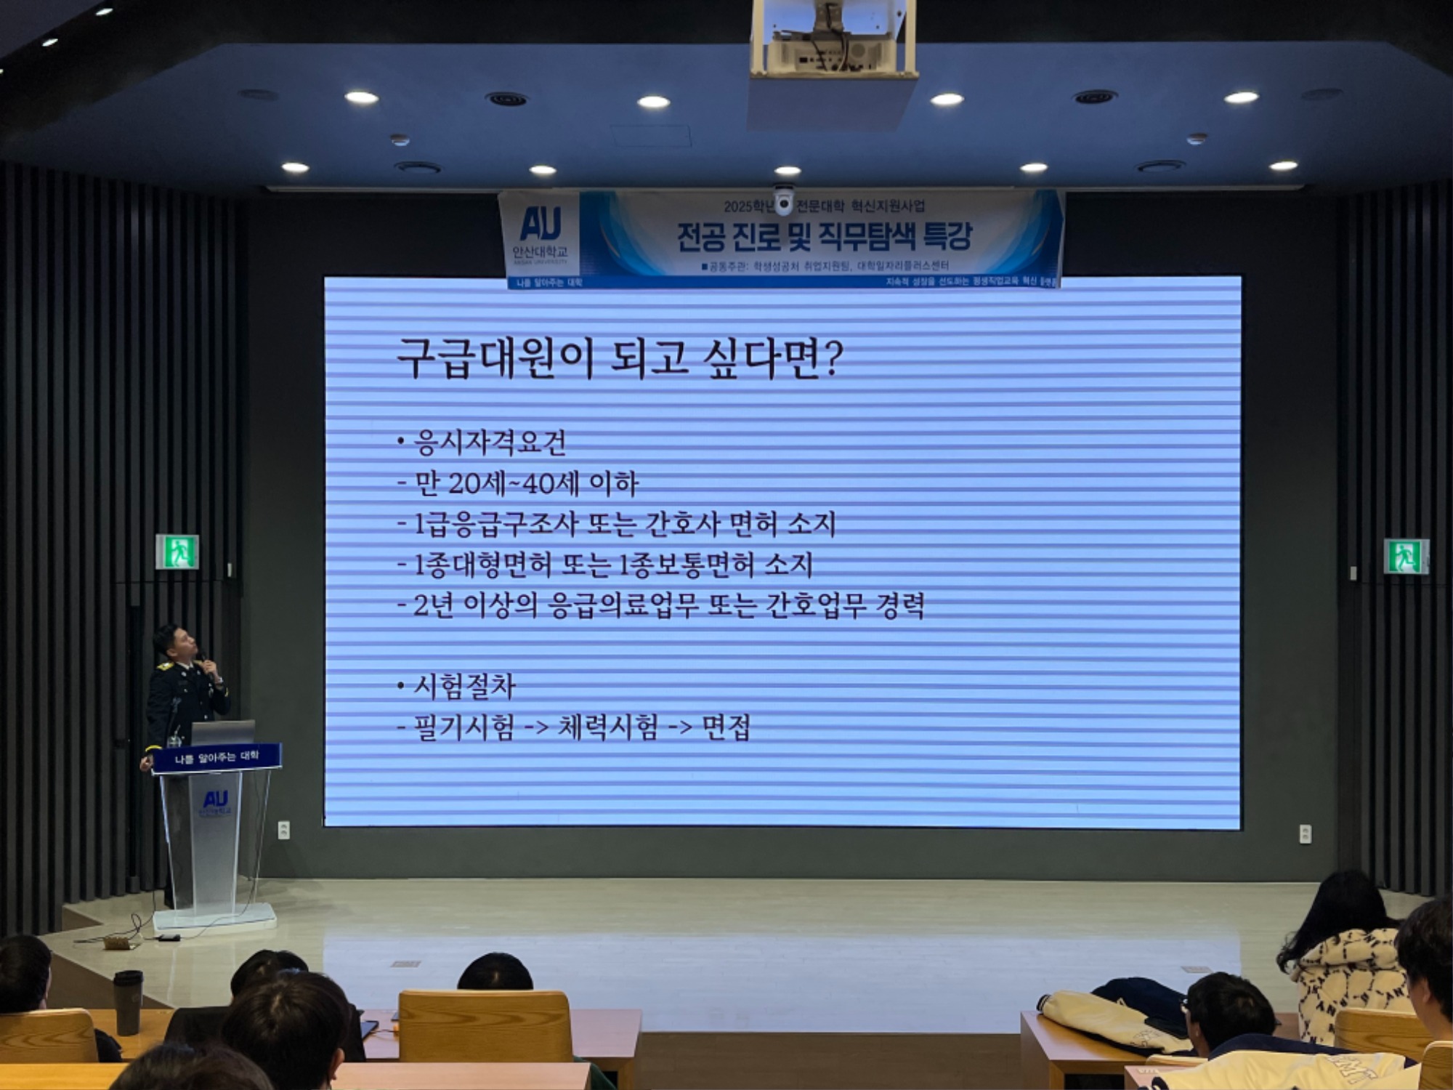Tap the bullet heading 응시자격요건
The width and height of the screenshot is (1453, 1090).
490,443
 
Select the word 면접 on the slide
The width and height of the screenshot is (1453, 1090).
726,727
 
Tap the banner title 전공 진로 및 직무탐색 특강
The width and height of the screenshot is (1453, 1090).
824,235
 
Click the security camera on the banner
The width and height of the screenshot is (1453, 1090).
783,201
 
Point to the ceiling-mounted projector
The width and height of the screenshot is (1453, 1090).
833,40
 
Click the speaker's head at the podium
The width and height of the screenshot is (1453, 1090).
177,643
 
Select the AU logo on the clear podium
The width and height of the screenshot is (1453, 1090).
215,799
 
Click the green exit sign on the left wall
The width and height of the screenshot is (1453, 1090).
177,552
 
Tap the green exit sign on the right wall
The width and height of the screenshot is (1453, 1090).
1405,557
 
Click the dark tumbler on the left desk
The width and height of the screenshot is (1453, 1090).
128,1001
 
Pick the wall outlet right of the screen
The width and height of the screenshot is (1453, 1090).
1305,833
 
